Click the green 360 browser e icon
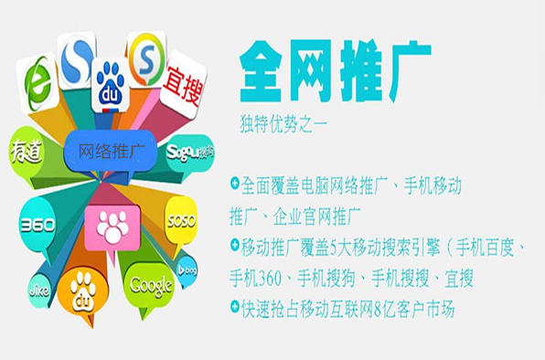tap(37, 83)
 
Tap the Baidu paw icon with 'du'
tap(111, 86)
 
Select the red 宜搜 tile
tap(183, 83)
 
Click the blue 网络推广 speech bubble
tap(111, 152)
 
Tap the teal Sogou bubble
tap(190, 153)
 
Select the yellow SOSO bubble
tap(181, 221)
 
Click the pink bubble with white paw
tap(112, 228)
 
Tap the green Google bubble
tap(150, 286)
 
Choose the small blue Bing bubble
tap(187, 270)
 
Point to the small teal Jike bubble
tap(39, 291)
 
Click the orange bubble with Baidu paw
tap(82, 293)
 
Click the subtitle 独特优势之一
tap(283, 123)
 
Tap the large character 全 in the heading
tap(261, 70)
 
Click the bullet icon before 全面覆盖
tap(235, 183)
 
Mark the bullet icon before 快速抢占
tap(235, 306)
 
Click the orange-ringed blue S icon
tap(146, 59)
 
